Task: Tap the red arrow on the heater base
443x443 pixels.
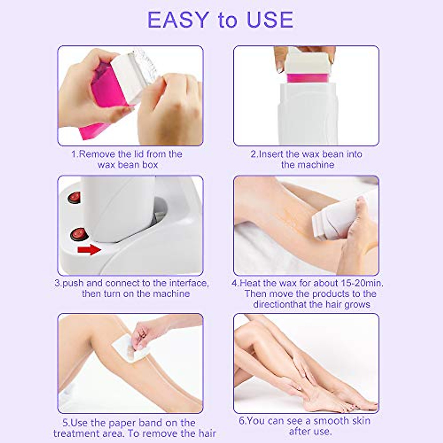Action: tap(89, 250)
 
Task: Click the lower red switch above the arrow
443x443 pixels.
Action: tap(79, 233)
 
